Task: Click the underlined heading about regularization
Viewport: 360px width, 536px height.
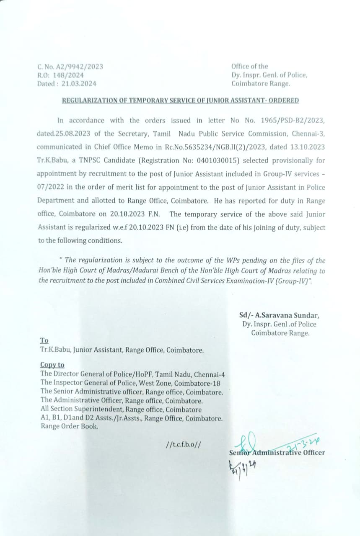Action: [x=180, y=100]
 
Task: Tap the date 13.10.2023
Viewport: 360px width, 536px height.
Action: [x=308, y=147]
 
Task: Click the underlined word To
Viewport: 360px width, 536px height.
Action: [x=44, y=340]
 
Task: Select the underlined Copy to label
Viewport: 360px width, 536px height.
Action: [x=52, y=365]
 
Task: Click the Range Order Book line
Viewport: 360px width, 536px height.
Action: [x=70, y=426]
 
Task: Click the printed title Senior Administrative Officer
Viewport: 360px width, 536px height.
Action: [x=277, y=452]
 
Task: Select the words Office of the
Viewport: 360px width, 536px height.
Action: [x=250, y=67]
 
